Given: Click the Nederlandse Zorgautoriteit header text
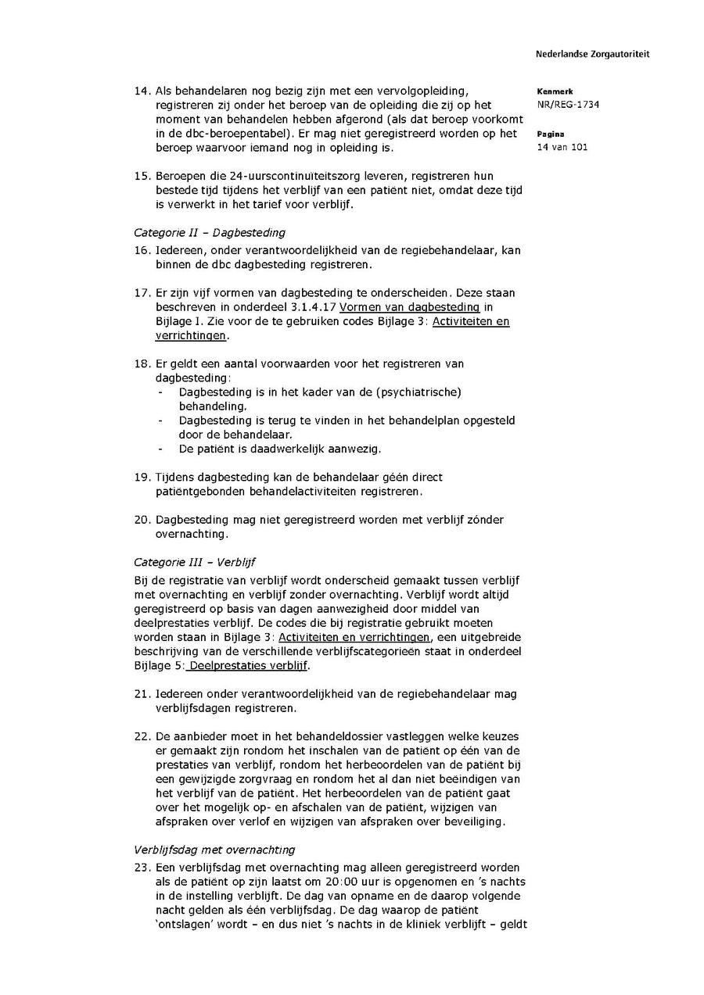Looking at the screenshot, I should tap(592, 55).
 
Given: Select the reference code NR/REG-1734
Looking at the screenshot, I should tap(568, 105).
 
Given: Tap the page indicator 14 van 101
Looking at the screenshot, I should tap(562, 148).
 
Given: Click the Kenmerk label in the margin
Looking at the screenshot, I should tap(555, 91).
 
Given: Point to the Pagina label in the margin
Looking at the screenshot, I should tap(551, 134).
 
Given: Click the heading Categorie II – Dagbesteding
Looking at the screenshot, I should tap(209, 232).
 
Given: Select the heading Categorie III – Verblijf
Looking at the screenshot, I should tap(194, 562).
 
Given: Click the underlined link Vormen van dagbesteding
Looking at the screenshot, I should tap(409, 307).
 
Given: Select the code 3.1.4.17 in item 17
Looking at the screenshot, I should tap(313, 307).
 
